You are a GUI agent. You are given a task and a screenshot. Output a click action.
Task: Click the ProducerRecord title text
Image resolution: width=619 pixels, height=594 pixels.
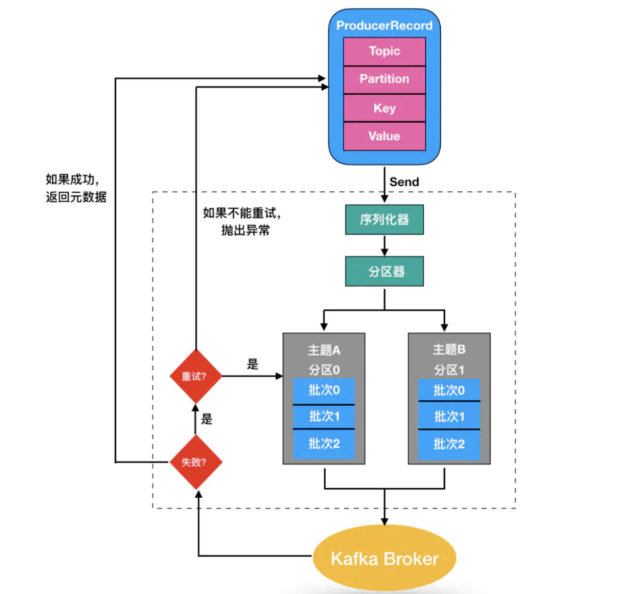tap(384, 26)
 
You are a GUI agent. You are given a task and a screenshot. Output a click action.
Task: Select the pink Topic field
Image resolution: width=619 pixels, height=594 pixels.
tap(384, 52)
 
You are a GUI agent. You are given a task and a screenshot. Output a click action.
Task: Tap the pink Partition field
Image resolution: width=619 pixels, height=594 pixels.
tap(384, 80)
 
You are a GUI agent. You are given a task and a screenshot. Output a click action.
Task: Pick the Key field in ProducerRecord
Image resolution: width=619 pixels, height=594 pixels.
tap(384, 108)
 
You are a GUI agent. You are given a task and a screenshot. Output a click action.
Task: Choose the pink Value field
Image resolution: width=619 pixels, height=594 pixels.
tap(384, 136)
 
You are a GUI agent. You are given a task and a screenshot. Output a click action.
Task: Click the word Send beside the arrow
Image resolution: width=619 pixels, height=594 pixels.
tap(404, 182)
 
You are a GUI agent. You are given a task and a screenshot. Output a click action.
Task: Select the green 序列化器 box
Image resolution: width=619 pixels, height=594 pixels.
tap(384, 220)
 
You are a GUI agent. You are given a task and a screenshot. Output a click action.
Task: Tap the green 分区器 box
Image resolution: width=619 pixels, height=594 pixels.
tap(384, 271)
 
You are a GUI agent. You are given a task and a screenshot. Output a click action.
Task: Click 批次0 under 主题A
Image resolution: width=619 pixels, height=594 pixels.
tap(324, 391)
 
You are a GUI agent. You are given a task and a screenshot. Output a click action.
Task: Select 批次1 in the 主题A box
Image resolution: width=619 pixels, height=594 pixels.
tap(324, 416)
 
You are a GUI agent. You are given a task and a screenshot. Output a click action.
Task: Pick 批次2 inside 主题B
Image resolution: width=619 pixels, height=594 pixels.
tap(449, 443)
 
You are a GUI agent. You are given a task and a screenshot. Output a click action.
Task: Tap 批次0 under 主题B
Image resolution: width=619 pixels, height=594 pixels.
tap(449, 391)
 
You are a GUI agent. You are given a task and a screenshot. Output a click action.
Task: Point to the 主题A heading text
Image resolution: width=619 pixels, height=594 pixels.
tap(324, 350)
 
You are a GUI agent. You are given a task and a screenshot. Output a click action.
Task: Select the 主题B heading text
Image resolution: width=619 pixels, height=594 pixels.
tap(449, 350)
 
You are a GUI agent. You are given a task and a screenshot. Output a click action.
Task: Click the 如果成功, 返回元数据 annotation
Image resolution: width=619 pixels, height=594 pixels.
tap(76, 187)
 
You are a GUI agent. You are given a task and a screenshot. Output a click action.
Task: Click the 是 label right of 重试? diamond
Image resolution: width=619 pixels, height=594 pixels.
tap(253, 364)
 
